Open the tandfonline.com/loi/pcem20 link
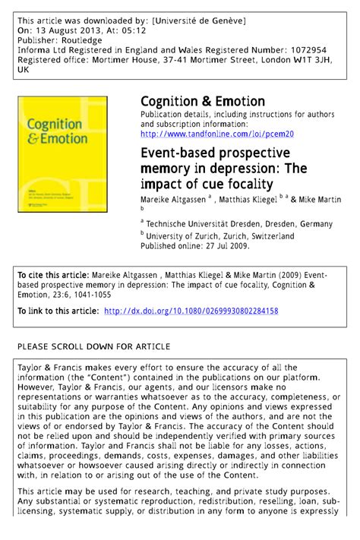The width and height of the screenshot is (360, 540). (217, 134)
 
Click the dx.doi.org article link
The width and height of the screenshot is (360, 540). (191, 311)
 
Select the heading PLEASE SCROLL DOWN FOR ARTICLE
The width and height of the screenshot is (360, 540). (93, 346)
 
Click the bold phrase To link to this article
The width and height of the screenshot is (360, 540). (58, 311)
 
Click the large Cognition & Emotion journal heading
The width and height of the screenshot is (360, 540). (203, 101)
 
